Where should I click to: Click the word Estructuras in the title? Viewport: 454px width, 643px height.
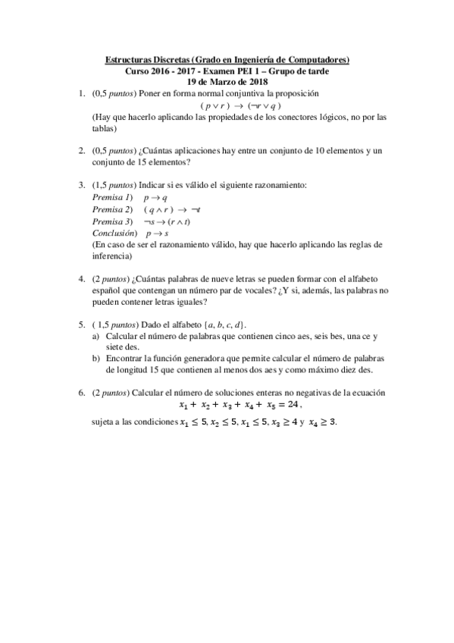(126, 59)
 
